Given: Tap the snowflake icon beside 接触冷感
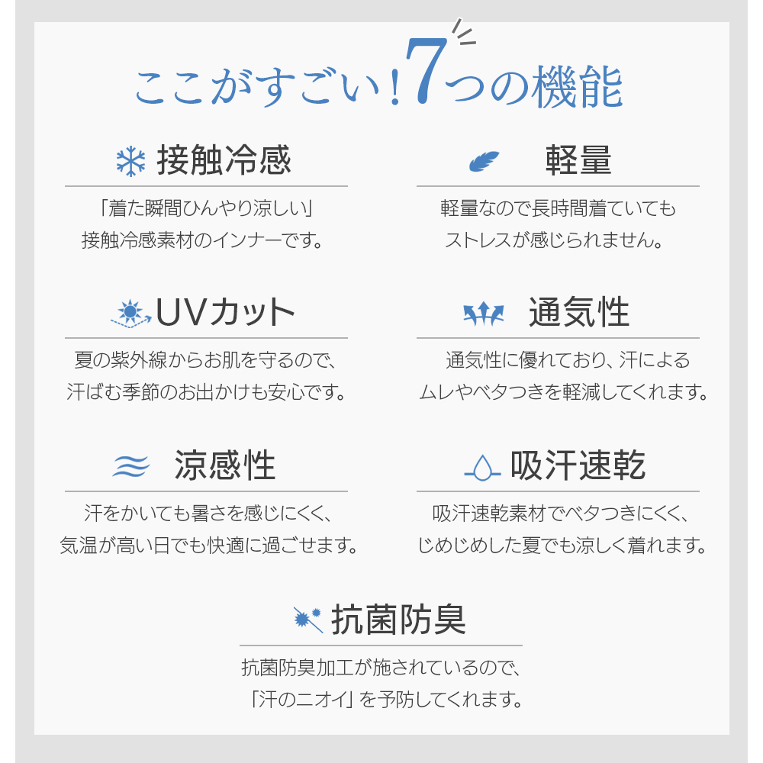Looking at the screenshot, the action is tap(131, 162).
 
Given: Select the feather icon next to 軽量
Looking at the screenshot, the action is tap(484, 161).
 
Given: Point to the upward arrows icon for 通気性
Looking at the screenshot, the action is tap(483, 314).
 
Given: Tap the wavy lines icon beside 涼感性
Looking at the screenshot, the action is tap(131, 466).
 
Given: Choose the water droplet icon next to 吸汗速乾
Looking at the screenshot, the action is tap(482, 468).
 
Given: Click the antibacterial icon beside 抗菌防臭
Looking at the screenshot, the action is tap(308, 620).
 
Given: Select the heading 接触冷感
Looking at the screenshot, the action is tap(224, 160).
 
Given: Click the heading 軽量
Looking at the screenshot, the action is tap(578, 160).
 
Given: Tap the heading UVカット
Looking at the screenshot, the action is tap(225, 312).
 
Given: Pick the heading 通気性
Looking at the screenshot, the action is tap(579, 312).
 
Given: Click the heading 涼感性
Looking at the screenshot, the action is tap(225, 465).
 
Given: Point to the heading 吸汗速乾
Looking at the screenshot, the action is tap(578, 465).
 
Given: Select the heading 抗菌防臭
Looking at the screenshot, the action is tap(398, 620).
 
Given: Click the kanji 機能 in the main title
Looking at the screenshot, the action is tap(577, 87).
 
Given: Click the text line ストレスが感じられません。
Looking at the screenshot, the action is tap(554, 240).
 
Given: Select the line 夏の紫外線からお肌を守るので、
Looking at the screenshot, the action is tap(204, 360).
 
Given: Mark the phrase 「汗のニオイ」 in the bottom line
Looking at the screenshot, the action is tap(301, 699).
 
